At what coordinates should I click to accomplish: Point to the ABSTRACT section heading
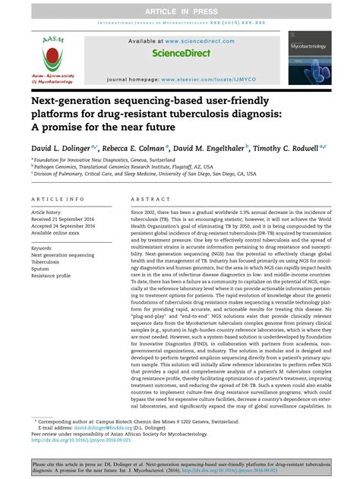tap(147, 198)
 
